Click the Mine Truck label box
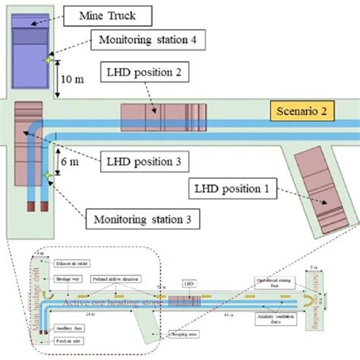point(107,14)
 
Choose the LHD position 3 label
point(144,161)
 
